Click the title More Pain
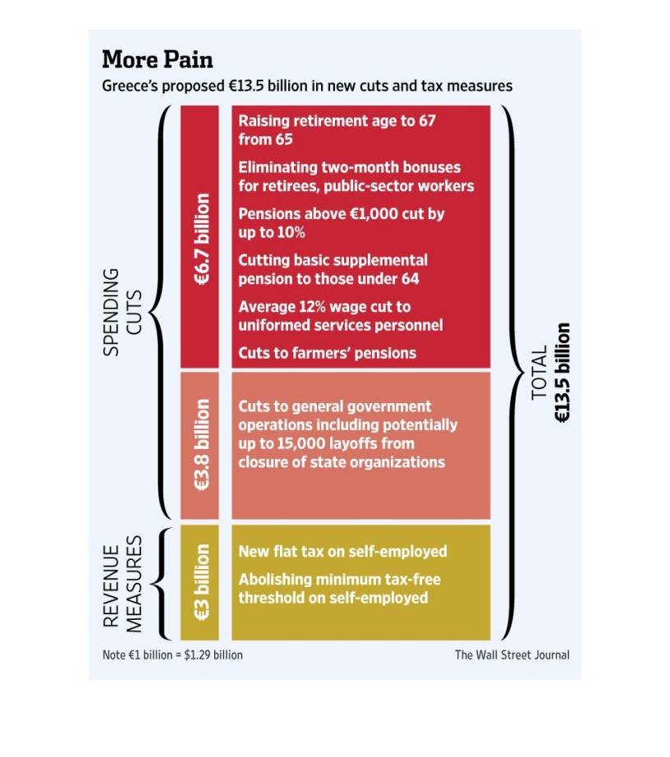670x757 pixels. click(158, 60)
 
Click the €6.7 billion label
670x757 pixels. click(202, 239)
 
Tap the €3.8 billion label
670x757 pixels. click(202, 445)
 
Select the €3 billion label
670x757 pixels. click(202, 582)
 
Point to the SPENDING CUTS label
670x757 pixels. click(122, 312)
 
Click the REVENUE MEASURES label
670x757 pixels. click(122, 584)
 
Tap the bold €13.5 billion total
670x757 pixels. click(562, 373)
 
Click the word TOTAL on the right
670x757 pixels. click(539, 373)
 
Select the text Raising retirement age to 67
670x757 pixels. click(337, 121)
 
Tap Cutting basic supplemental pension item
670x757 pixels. click(333, 269)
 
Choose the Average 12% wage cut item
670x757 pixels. click(341, 316)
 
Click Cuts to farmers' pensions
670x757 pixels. click(328, 353)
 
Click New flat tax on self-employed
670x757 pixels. click(342, 552)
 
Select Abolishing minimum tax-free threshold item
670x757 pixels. click(339, 589)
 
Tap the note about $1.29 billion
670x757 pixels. click(172, 655)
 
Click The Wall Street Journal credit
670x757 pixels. click(512, 655)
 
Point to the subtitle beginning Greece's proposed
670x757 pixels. click(307, 86)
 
